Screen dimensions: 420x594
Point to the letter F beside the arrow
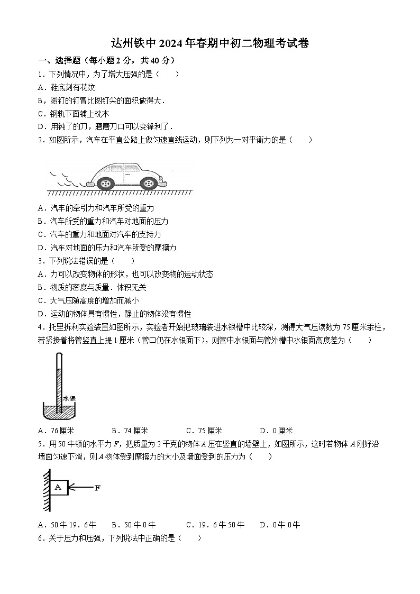pyautogui.click(x=97, y=488)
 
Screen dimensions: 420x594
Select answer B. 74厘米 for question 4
pyautogui.click(x=130, y=431)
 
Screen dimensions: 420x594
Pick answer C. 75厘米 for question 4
pyautogui.click(x=204, y=431)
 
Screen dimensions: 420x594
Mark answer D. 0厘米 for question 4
pyautogui.click(x=276, y=431)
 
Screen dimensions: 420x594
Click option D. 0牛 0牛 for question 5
pyautogui.click(x=280, y=525)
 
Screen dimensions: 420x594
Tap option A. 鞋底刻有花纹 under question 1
pyautogui.click(x=66, y=87)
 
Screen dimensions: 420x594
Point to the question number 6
pyautogui.click(x=41, y=538)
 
